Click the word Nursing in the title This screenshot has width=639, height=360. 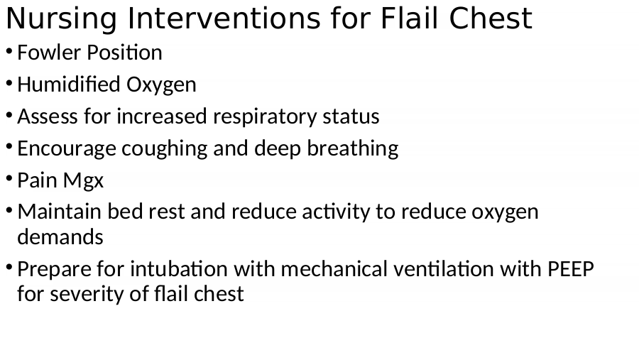pos(61,19)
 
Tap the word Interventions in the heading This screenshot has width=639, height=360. pos(224,18)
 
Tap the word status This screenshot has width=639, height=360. pos(351,116)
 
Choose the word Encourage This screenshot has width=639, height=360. pos(67,149)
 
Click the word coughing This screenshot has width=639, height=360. pos(164,149)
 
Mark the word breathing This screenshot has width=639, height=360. pos(352,149)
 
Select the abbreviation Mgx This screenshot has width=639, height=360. pos(84,181)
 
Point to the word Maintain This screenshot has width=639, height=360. pos(59,212)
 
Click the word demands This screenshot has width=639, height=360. pos(60,237)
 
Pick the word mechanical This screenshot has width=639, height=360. pos(334,269)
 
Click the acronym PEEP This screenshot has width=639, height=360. pos(571,270)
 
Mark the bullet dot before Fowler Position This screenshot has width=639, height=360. pos(9,51)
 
